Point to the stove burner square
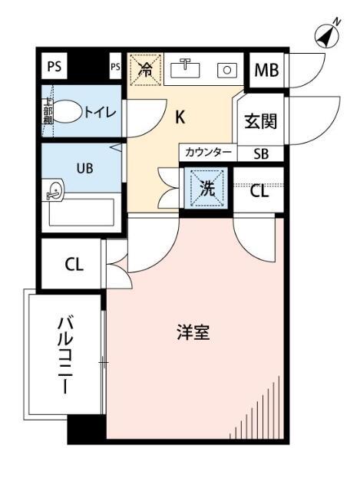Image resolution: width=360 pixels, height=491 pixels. tap(228, 70)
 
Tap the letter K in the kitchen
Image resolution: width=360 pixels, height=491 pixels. tap(180, 117)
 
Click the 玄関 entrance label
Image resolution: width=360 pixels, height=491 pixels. tap(260, 121)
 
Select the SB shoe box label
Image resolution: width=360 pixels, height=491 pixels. tap(262, 153)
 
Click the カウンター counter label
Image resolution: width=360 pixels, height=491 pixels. tap(207, 153)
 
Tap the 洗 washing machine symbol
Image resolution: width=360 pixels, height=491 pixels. tap(206, 189)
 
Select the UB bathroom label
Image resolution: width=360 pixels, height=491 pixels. tap(84, 168)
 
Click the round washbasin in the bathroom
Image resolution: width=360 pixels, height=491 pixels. tap(54, 192)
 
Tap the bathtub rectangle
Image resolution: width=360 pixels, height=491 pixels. tap(81, 213)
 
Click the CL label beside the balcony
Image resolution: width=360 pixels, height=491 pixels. tap(74, 265)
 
